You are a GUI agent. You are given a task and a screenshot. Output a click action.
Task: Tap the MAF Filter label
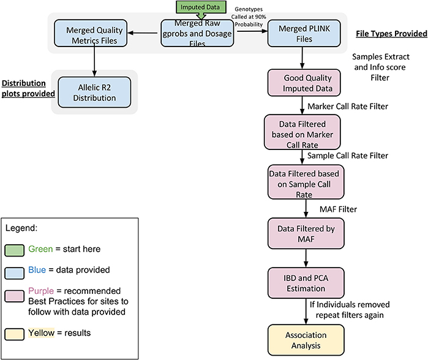pos(339,209)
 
